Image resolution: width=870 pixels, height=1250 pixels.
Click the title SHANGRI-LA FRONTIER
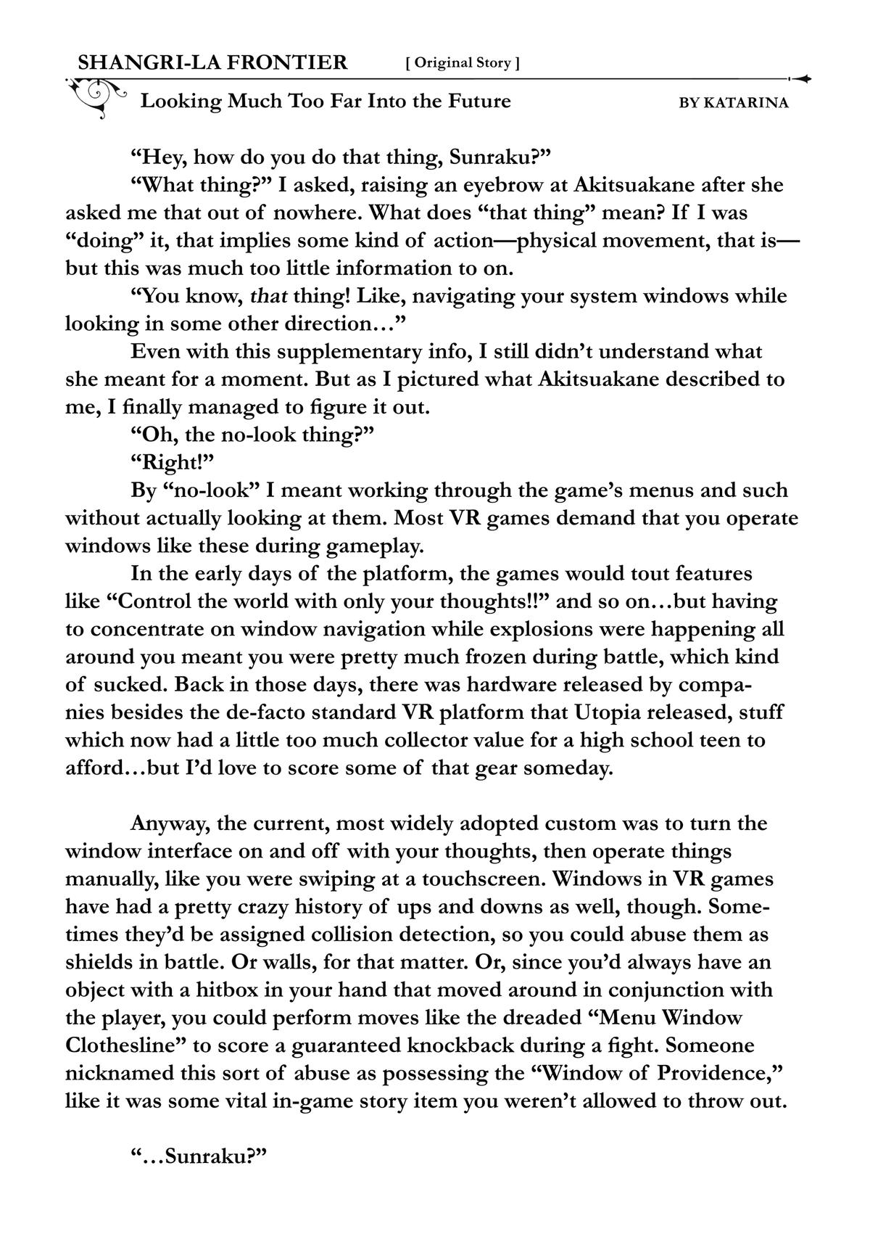click(212, 62)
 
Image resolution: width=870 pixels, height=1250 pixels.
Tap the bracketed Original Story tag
click(463, 63)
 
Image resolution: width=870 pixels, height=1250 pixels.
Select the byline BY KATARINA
click(734, 103)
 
